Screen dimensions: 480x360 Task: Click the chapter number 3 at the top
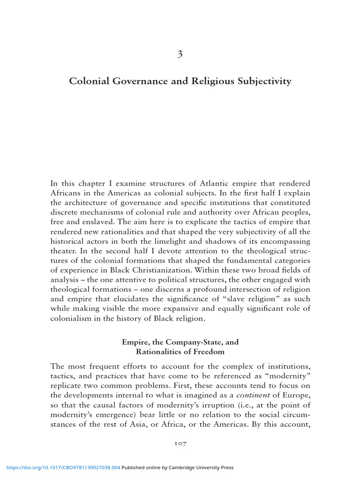(180, 54)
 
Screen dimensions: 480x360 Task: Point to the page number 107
(180, 443)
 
